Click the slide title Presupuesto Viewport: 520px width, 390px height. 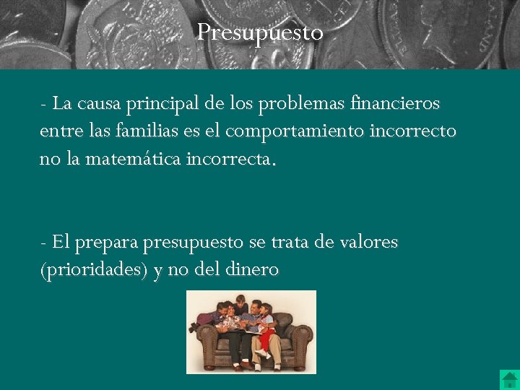coord(260,32)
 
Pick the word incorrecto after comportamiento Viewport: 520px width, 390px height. coord(421,131)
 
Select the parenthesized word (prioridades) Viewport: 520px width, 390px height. coord(94,269)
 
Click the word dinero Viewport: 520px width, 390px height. coord(251,269)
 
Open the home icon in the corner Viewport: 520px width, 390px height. coord(509,379)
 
